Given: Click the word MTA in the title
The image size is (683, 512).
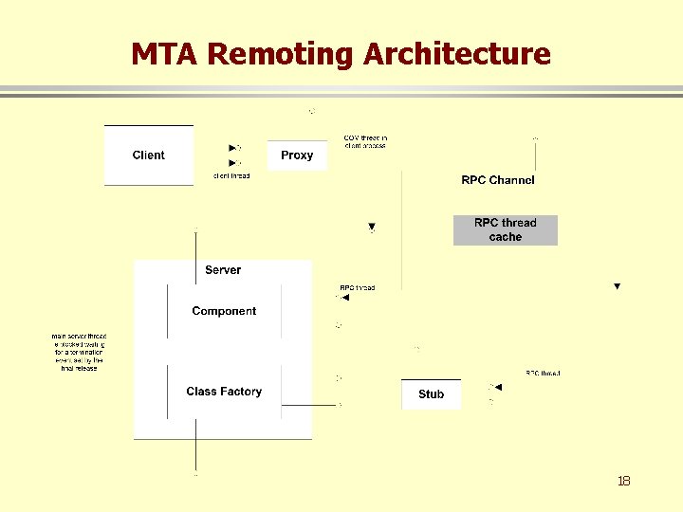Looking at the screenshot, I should tap(165, 54).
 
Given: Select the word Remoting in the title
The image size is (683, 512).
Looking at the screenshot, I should tap(280, 54).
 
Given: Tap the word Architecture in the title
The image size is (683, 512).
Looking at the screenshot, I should tap(456, 54).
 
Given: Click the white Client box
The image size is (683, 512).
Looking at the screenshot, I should tap(149, 155).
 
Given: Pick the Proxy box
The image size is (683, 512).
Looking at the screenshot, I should tap(297, 155).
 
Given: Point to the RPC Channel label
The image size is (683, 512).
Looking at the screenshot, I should tap(498, 180).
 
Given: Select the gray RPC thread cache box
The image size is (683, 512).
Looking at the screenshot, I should tap(506, 230).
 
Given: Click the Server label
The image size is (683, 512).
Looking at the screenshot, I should tap(223, 270).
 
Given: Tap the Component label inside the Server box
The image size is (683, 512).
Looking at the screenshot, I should tap(224, 311).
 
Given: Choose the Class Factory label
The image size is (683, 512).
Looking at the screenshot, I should tap(224, 392).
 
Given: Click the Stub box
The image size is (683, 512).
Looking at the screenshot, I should tap(431, 394).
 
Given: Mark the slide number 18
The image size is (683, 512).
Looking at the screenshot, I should tap(623, 481).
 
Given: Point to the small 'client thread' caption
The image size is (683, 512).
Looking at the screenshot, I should tap(231, 176).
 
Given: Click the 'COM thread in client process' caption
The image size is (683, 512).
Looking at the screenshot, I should tap(365, 142).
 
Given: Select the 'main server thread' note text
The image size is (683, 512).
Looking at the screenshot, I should tap(79, 352).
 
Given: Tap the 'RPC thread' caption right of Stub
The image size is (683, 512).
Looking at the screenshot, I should tap(543, 374).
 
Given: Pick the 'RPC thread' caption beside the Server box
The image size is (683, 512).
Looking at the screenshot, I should tap(357, 287).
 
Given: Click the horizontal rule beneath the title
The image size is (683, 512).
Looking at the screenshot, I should tap(341, 91).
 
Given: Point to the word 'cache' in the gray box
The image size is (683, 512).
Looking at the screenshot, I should tap(506, 237).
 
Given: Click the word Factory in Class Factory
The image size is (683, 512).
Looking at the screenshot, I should tap(240, 392).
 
